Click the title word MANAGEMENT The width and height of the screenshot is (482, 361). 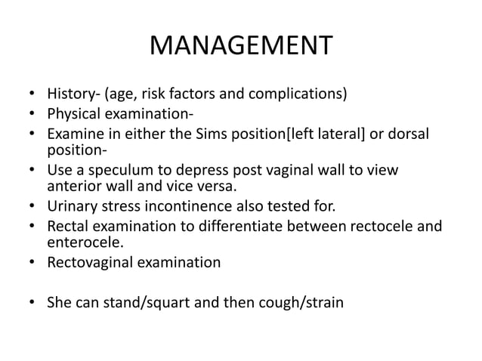click(x=240, y=47)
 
